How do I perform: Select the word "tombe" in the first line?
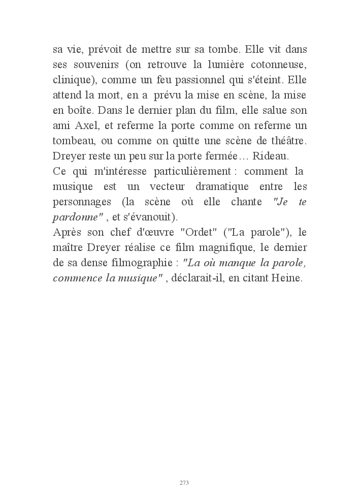click(226, 50)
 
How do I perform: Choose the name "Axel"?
click(91, 125)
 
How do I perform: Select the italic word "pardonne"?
click(75, 217)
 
